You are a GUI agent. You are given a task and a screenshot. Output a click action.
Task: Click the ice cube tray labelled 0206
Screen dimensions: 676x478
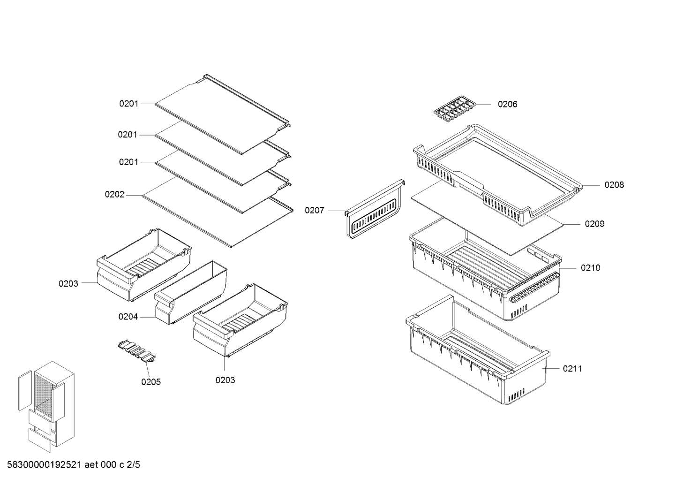[455, 109]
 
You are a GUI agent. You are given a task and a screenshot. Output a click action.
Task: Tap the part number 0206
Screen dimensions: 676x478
[507, 104]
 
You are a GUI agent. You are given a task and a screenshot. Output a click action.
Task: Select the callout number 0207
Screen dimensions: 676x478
[315, 211]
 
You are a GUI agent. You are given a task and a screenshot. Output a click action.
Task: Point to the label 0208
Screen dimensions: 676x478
[614, 185]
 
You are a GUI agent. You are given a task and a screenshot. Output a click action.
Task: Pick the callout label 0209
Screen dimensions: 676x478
[594, 224]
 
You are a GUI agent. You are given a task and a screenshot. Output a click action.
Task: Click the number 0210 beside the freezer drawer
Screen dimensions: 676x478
[591, 268]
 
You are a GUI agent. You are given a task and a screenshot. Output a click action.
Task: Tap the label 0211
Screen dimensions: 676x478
[572, 369]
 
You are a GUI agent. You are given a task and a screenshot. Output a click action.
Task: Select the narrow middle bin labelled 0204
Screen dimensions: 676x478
[191, 293]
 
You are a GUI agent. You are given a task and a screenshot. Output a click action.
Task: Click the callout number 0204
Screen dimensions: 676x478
[128, 317]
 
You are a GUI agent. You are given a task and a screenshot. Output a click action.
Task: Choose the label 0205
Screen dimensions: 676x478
[151, 382]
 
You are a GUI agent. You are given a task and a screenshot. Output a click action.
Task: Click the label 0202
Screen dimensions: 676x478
[115, 195]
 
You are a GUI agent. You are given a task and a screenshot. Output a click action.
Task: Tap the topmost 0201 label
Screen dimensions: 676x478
[129, 104]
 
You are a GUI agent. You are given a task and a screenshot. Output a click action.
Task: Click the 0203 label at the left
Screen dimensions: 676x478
[68, 284]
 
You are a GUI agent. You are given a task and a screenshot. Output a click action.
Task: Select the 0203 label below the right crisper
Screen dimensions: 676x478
[225, 380]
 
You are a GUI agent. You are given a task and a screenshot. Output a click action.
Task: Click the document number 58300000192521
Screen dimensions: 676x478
[44, 465]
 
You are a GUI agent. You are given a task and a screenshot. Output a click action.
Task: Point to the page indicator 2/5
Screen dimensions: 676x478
[134, 465]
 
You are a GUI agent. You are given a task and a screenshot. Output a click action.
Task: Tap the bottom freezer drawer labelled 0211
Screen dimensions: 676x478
[477, 350]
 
